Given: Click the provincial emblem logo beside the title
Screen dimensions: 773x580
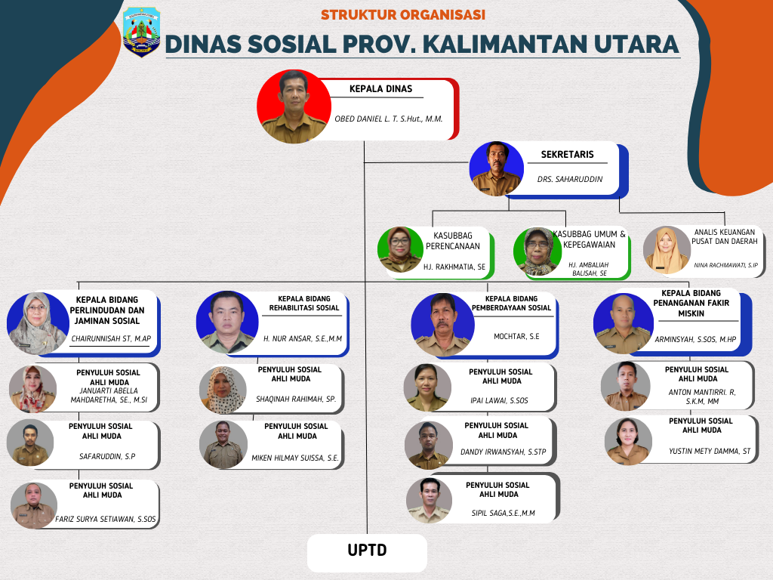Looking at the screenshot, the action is [x=141, y=32].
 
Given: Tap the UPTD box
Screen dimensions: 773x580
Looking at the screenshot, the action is [x=367, y=552].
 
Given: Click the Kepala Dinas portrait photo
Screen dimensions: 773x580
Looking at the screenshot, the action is [x=294, y=106].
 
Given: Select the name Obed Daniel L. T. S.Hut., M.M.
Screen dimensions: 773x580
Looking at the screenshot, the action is [x=389, y=119].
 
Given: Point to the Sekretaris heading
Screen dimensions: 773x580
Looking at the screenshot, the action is [x=568, y=154].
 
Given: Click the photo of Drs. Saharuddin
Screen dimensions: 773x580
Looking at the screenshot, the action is [x=497, y=168].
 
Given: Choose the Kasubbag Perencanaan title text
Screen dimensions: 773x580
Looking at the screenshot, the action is [x=453, y=241].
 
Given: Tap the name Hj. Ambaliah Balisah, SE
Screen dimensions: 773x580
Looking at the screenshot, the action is [x=589, y=269].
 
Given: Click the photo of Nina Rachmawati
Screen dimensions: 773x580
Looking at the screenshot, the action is [x=667, y=250].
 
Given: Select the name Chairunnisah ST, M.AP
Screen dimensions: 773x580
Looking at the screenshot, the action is [x=111, y=339].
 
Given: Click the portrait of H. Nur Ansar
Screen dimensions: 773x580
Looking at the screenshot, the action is [x=227, y=322].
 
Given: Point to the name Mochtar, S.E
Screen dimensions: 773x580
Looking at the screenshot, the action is [x=516, y=336].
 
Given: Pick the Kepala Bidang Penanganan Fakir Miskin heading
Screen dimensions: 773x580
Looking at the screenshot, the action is [x=691, y=304].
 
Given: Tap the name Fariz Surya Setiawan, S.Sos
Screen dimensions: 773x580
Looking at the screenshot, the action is [x=106, y=519].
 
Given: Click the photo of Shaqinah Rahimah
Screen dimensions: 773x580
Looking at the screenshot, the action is [x=223, y=390].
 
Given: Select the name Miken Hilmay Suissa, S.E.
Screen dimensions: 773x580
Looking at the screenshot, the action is [x=295, y=458].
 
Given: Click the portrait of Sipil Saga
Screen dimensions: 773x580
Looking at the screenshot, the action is [x=430, y=501].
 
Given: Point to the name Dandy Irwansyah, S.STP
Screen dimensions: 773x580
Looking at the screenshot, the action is [x=504, y=452].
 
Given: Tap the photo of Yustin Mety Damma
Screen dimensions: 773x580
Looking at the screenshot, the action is [x=629, y=441].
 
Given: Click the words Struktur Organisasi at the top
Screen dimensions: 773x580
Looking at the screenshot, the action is [x=403, y=15].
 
